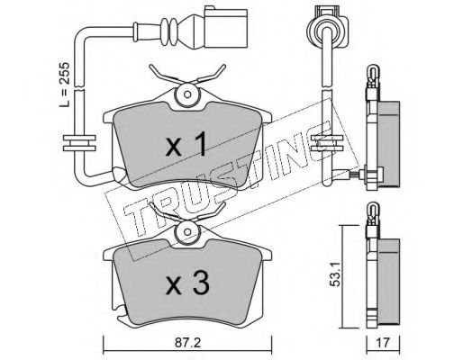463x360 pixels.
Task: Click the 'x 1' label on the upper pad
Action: point(186,144)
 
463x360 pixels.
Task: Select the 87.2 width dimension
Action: point(187,343)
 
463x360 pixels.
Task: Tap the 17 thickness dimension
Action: point(384,343)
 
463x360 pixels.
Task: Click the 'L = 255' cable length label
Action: point(64,85)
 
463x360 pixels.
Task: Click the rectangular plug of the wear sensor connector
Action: point(226,28)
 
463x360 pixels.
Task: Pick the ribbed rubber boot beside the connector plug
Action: point(169,31)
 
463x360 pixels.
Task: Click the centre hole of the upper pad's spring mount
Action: point(187,94)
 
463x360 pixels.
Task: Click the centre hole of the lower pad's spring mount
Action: point(187,232)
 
